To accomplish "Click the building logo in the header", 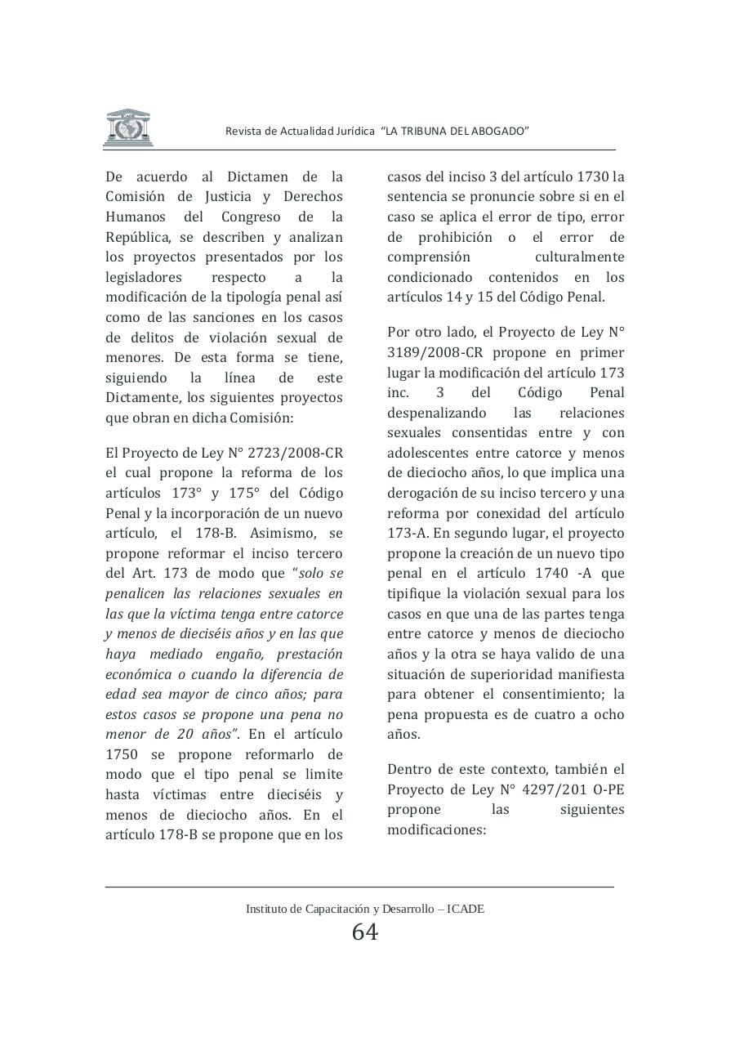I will (x=127, y=127).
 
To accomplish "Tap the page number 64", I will (x=364, y=932).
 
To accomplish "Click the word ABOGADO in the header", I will (x=501, y=131).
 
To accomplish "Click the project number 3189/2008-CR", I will (x=429, y=353).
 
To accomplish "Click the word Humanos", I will (x=136, y=217).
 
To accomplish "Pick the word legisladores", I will (x=145, y=278).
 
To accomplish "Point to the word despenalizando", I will (x=437, y=413).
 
